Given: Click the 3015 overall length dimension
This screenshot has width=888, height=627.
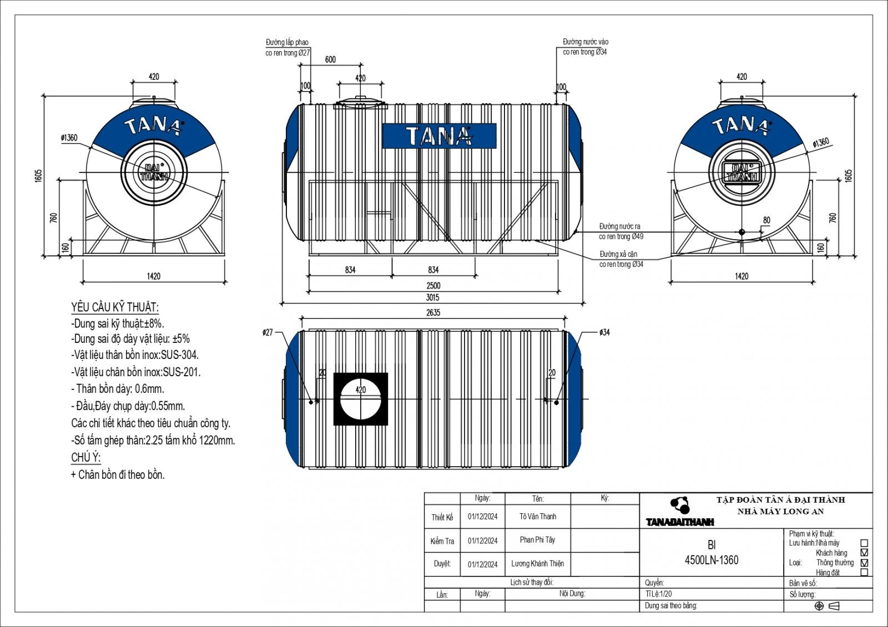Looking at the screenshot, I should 433,297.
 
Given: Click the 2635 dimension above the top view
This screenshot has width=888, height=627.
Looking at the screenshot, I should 433,313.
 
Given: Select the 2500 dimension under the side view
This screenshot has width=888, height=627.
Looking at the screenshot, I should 433,286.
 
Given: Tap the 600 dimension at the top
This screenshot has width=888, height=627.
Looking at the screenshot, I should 330,60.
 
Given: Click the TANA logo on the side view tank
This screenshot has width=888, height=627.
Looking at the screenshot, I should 439,136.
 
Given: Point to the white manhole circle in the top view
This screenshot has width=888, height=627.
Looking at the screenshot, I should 360,400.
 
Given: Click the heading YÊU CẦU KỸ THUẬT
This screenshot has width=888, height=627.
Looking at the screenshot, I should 115,307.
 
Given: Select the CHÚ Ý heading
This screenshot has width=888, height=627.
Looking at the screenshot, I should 85,458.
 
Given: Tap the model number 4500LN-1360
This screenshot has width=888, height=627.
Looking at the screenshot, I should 712,560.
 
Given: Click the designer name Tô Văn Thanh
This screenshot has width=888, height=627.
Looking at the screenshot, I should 538,517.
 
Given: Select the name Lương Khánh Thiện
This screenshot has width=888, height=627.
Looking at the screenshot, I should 537,564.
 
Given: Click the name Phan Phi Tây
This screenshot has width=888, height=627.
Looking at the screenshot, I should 537,540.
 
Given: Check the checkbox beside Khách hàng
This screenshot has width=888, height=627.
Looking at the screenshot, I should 864,553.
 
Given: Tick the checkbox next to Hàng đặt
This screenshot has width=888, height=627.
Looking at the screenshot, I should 864,572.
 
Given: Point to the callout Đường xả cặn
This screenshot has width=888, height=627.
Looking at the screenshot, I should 618,254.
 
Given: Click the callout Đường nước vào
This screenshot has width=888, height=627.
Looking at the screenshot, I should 586,42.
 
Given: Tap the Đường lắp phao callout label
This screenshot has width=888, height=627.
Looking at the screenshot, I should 287,43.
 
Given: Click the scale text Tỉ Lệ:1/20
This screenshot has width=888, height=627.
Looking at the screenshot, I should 658,594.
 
